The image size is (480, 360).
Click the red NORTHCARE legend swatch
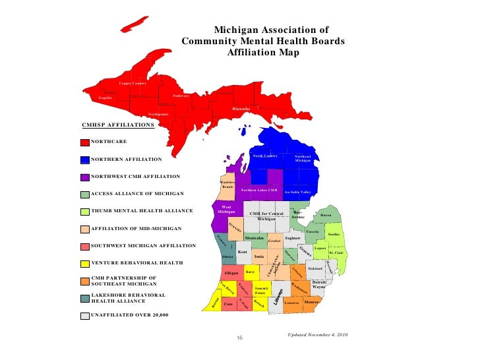point(84,142)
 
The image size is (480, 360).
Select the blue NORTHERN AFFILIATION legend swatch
point(84,160)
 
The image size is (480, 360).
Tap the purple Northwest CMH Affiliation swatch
point(84,177)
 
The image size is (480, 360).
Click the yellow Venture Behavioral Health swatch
point(84,263)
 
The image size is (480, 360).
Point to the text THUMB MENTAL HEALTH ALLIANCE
point(142,211)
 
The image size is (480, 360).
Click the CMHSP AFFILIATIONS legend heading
point(117,124)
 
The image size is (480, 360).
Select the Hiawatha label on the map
point(241,108)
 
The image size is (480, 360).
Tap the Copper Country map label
point(133,83)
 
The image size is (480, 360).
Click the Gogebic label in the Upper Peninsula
point(105,98)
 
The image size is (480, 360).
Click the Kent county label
point(242,252)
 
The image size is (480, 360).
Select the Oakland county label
point(315,268)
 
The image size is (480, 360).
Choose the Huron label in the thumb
point(326,216)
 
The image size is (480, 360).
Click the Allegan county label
point(231,272)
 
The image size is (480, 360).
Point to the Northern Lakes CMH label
point(259,190)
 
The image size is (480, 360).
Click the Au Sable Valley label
point(297,192)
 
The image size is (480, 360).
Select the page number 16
point(240,339)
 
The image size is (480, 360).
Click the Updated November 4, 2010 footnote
point(318,335)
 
